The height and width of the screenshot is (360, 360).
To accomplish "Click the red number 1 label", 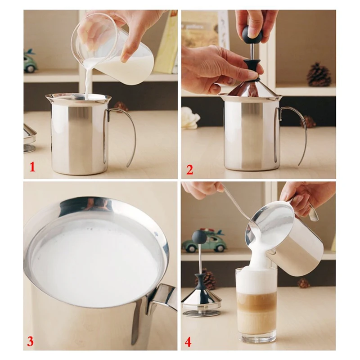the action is click(32, 166).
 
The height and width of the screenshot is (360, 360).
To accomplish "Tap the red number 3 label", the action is click(30, 342).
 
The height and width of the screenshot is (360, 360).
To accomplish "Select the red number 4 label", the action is click(188, 342).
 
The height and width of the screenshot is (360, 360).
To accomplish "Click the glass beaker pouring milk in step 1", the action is click(113, 48).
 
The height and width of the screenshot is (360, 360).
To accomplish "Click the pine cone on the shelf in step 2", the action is click(319, 75).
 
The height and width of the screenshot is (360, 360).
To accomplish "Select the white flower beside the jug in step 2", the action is click(190, 117).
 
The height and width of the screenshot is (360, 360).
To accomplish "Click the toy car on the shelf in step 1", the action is click(29, 61).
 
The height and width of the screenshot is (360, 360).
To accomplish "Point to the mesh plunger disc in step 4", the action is click(201, 312).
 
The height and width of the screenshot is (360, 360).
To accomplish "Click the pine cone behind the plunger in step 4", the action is click(208, 279).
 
